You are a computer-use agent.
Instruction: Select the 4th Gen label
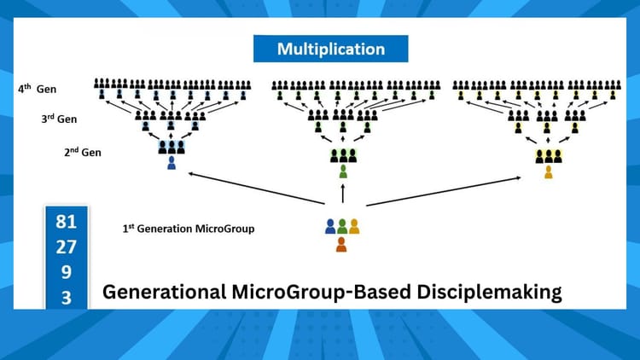coord(38,88)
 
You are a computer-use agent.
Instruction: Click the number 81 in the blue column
coord(66,222)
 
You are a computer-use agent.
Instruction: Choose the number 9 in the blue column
coord(66,273)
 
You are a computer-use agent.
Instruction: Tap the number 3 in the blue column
coord(66,297)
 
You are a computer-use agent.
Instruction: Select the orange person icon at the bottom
coord(341,245)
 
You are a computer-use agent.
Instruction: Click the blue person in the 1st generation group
coord(330,227)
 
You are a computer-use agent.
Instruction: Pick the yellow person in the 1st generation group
coord(353,227)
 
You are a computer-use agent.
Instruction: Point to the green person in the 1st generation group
coord(341,227)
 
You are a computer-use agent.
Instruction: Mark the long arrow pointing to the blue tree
coord(256,189)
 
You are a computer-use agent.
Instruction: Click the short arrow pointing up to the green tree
coord(342,195)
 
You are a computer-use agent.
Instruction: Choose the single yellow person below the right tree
coord(548,171)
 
